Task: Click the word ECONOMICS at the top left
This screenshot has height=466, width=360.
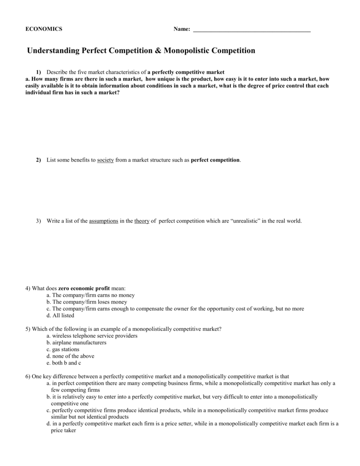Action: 44,29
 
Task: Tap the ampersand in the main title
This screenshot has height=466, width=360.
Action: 157,51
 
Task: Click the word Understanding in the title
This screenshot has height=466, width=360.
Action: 53,51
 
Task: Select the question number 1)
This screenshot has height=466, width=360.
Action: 39,72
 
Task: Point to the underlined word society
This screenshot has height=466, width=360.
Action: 106,160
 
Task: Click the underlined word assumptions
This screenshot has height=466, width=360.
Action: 104,221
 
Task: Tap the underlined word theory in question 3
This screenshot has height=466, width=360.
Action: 142,221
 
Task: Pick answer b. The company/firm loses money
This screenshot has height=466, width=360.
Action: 86,302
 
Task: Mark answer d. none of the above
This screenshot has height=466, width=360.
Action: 70,356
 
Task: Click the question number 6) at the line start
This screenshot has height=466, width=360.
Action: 28,376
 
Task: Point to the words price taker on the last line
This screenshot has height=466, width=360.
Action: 63,430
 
